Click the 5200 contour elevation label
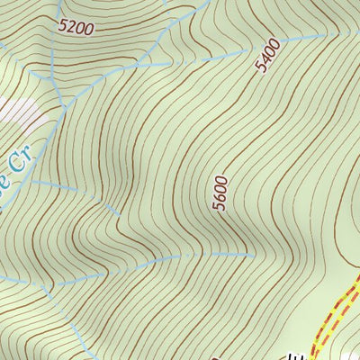(75, 27)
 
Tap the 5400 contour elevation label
(267, 57)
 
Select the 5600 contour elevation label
(221, 193)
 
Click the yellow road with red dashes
(338, 310)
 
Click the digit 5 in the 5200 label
(62, 27)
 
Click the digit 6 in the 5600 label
(221, 198)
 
